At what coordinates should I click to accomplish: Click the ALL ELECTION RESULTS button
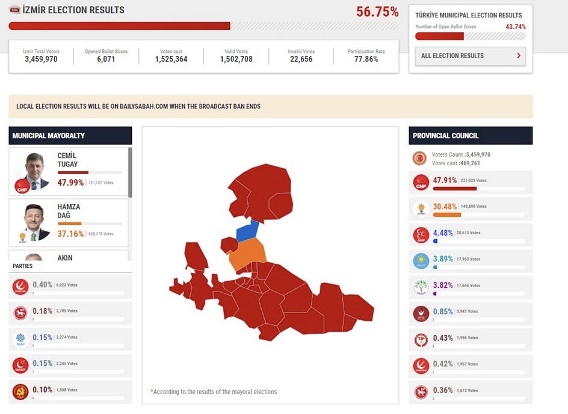(470, 56)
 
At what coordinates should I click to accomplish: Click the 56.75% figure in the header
(377, 12)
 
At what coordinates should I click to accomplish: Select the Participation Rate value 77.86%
(366, 59)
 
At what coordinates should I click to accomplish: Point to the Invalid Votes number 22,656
(301, 59)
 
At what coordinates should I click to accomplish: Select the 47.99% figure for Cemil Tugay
(70, 182)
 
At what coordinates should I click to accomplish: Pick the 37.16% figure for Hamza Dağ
(70, 233)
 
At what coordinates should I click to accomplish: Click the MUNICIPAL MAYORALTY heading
(49, 136)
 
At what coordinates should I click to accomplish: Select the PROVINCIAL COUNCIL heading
(446, 136)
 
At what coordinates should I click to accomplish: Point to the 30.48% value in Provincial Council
(445, 206)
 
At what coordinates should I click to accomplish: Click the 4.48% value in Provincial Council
(442, 233)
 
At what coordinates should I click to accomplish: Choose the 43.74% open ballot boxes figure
(516, 27)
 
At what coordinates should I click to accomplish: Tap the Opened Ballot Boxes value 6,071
(106, 59)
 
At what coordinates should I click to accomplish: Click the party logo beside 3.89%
(421, 261)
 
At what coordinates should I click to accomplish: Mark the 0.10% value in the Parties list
(43, 390)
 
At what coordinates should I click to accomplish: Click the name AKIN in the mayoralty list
(65, 258)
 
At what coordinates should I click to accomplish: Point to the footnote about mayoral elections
(214, 392)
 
